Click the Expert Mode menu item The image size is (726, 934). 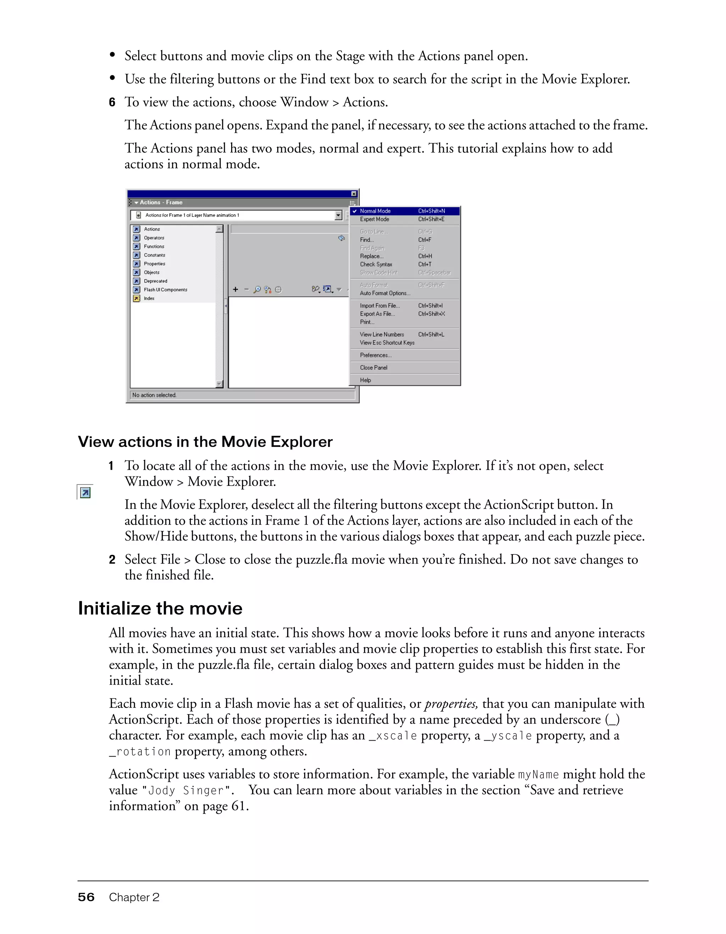[374, 219]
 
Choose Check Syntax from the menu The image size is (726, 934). [376, 265]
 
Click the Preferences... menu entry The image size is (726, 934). [375, 355]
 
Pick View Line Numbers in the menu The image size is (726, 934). [381, 335]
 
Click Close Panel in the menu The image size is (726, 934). [374, 368]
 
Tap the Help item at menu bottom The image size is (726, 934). [365, 380]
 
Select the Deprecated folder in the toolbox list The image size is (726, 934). [155, 281]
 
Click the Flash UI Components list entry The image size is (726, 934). [165, 290]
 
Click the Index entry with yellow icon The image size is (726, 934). [149, 298]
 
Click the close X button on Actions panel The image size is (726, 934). [354, 194]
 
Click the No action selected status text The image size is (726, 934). [154, 395]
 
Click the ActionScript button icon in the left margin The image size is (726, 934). [85, 493]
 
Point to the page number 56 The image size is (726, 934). [86, 897]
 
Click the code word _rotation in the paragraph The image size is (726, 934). [140, 751]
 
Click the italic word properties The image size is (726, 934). [451, 704]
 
